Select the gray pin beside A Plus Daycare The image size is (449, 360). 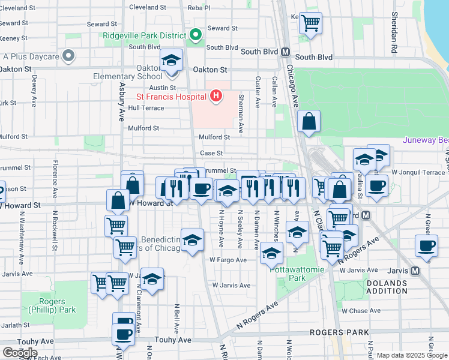click(69, 57)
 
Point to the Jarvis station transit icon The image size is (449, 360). click(415, 271)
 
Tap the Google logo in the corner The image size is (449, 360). click(19, 353)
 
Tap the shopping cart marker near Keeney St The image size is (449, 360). click(310, 23)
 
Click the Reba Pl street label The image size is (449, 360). click(199, 8)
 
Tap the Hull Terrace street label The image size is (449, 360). click(146, 108)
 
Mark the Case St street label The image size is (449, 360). click(211, 154)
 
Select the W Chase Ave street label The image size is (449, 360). click(361, 311)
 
